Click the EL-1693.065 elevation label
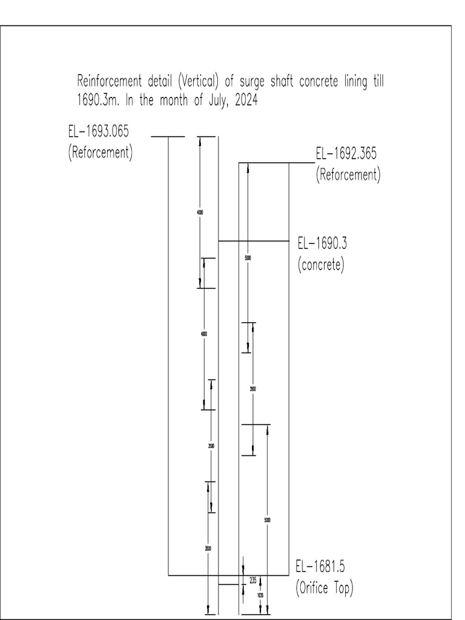pos(99,131)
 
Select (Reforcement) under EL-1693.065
pos(100,151)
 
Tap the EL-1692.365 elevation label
pos(346,154)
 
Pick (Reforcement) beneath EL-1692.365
pos(348,175)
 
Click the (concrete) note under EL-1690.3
pos(321,265)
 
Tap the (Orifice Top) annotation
pos(325,588)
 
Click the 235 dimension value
pos(253,580)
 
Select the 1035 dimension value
pos(260,596)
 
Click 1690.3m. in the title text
pos(99,101)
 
